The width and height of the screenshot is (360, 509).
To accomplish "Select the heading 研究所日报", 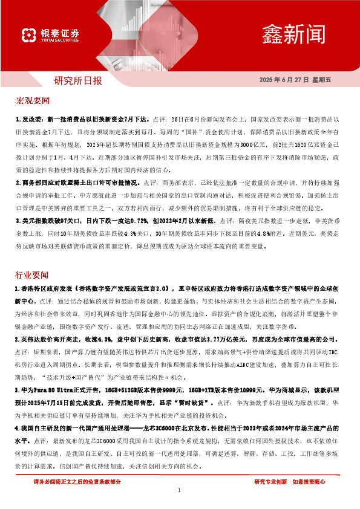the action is pyautogui.click(x=78, y=80).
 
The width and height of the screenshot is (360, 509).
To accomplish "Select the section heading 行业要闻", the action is pyautogui.click(x=33, y=275).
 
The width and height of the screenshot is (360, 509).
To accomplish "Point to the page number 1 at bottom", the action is pyautogui.click(x=180, y=490).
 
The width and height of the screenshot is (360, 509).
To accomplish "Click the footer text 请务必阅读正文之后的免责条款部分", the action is pyautogui.click(x=77, y=482).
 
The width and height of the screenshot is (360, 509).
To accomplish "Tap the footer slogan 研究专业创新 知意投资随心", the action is pyautogui.click(x=289, y=482).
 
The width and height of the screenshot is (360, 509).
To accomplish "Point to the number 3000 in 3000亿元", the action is pyautogui.click(x=246, y=146).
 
